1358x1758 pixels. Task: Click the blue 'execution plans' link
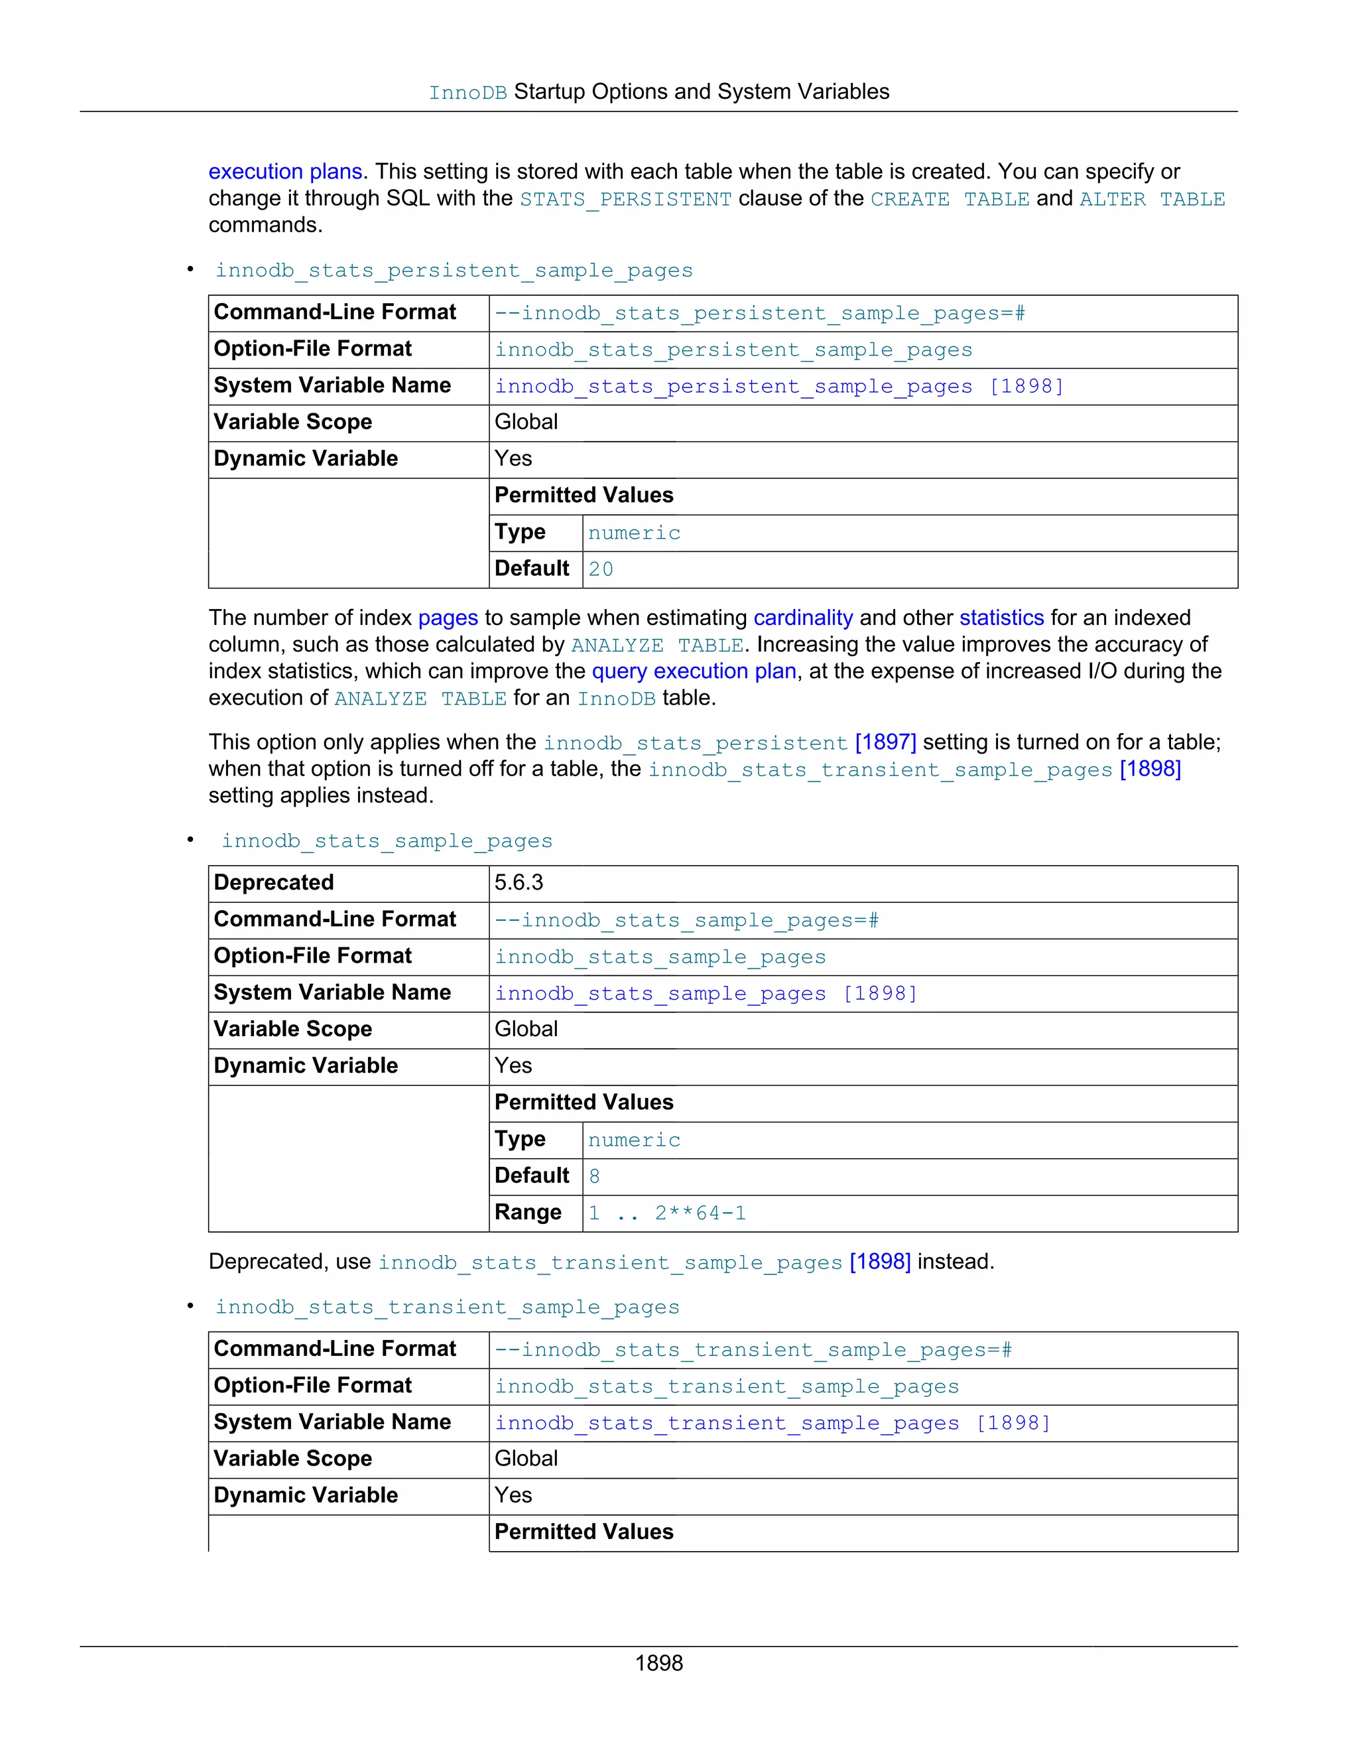[x=284, y=171]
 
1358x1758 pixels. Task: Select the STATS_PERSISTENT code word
[x=625, y=199]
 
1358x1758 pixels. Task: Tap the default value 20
[x=600, y=569]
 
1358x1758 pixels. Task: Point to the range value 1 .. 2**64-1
[x=667, y=1213]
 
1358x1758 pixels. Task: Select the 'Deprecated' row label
[x=274, y=882]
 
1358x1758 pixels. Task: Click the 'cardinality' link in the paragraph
[x=802, y=618]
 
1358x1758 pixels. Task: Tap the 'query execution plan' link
[x=694, y=671]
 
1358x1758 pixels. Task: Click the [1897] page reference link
[x=885, y=742]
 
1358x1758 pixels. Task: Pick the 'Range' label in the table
[x=528, y=1212]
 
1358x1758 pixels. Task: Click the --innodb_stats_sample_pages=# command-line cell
[x=686, y=919]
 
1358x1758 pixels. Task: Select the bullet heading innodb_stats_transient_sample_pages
[x=448, y=1306]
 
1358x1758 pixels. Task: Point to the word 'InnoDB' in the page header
[x=467, y=93]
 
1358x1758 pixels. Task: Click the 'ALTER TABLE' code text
[x=1151, y=199]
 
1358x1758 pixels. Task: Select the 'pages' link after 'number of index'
[x=448, y=618]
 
